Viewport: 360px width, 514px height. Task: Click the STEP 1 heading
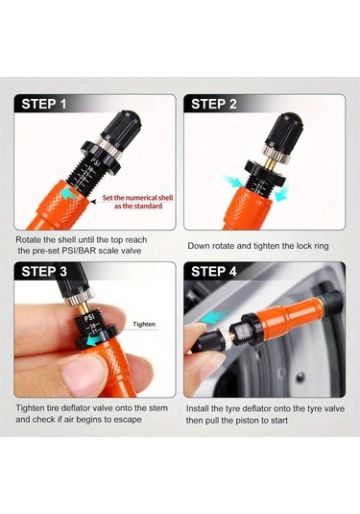tap(44, 104)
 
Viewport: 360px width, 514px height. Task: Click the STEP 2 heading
tap(213, 104)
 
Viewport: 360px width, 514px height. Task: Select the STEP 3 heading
tap(44, 272)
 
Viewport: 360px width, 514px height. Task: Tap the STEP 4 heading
tap(214, 272)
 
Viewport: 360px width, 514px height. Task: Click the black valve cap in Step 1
tap(123, 127)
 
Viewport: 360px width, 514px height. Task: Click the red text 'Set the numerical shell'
tap(137, 198)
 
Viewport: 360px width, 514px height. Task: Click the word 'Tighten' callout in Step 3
tap(144, 324)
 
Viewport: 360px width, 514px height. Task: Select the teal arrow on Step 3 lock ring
tap(93, 342)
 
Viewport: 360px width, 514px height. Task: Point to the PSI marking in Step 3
tap(89, 317)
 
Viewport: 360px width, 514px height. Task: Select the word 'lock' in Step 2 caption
tap(304, 246)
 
